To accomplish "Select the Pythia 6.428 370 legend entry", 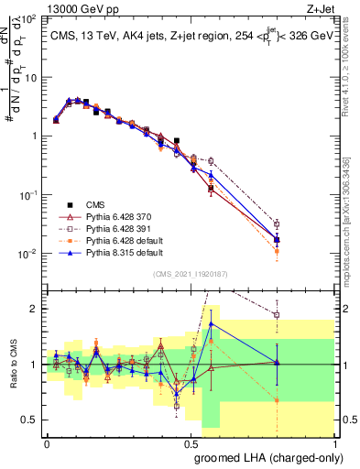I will tap(115, 216).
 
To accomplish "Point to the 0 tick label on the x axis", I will tap(47, 443).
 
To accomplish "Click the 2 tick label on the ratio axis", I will tap(34, 309).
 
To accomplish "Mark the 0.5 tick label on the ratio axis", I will tap(29, 420).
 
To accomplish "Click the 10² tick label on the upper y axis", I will tap(29, 18).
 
